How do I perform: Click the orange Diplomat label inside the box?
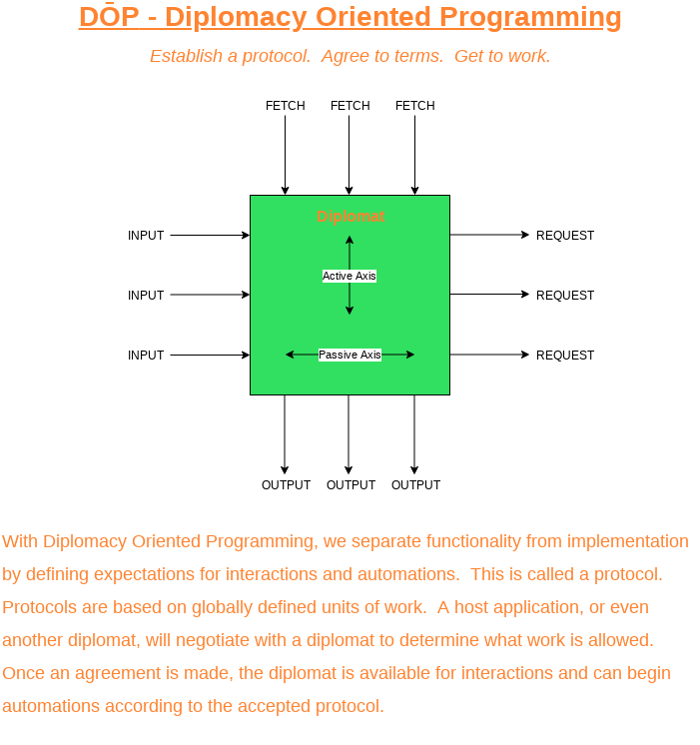pos(350,217)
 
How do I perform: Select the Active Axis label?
pos(350,276)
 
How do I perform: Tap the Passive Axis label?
pos(350,355)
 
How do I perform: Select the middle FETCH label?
pos(350,106)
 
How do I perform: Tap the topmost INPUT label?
pos(146,236)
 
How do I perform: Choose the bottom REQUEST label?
pos(565,356)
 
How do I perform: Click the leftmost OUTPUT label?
pos(286,485)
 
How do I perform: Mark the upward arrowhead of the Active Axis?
pos(350,240)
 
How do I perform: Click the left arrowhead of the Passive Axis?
pos(290,355)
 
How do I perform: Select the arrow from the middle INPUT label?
pos(210,295)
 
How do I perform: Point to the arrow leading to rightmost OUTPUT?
pos(414,434)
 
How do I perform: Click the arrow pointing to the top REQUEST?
pos(489,235)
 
